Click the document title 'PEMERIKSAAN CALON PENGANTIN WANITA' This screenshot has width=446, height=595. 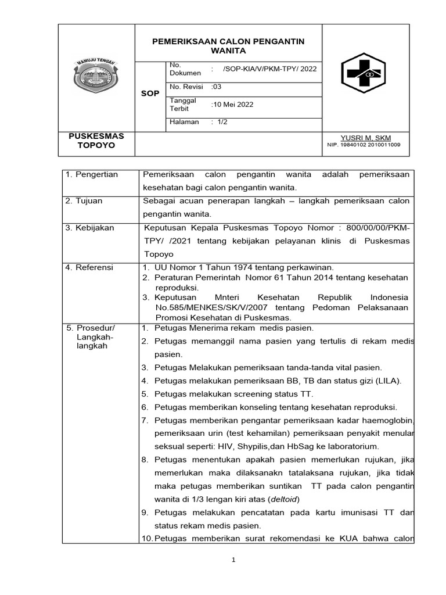click(228, 46)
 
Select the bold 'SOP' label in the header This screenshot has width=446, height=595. click(150, 94)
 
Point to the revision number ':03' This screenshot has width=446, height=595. click(217, 87)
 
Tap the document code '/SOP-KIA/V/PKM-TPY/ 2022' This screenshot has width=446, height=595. click(270, 69)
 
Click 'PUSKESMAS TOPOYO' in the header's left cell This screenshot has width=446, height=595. click(96, 141)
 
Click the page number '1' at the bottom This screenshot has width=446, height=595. click(233, 560)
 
